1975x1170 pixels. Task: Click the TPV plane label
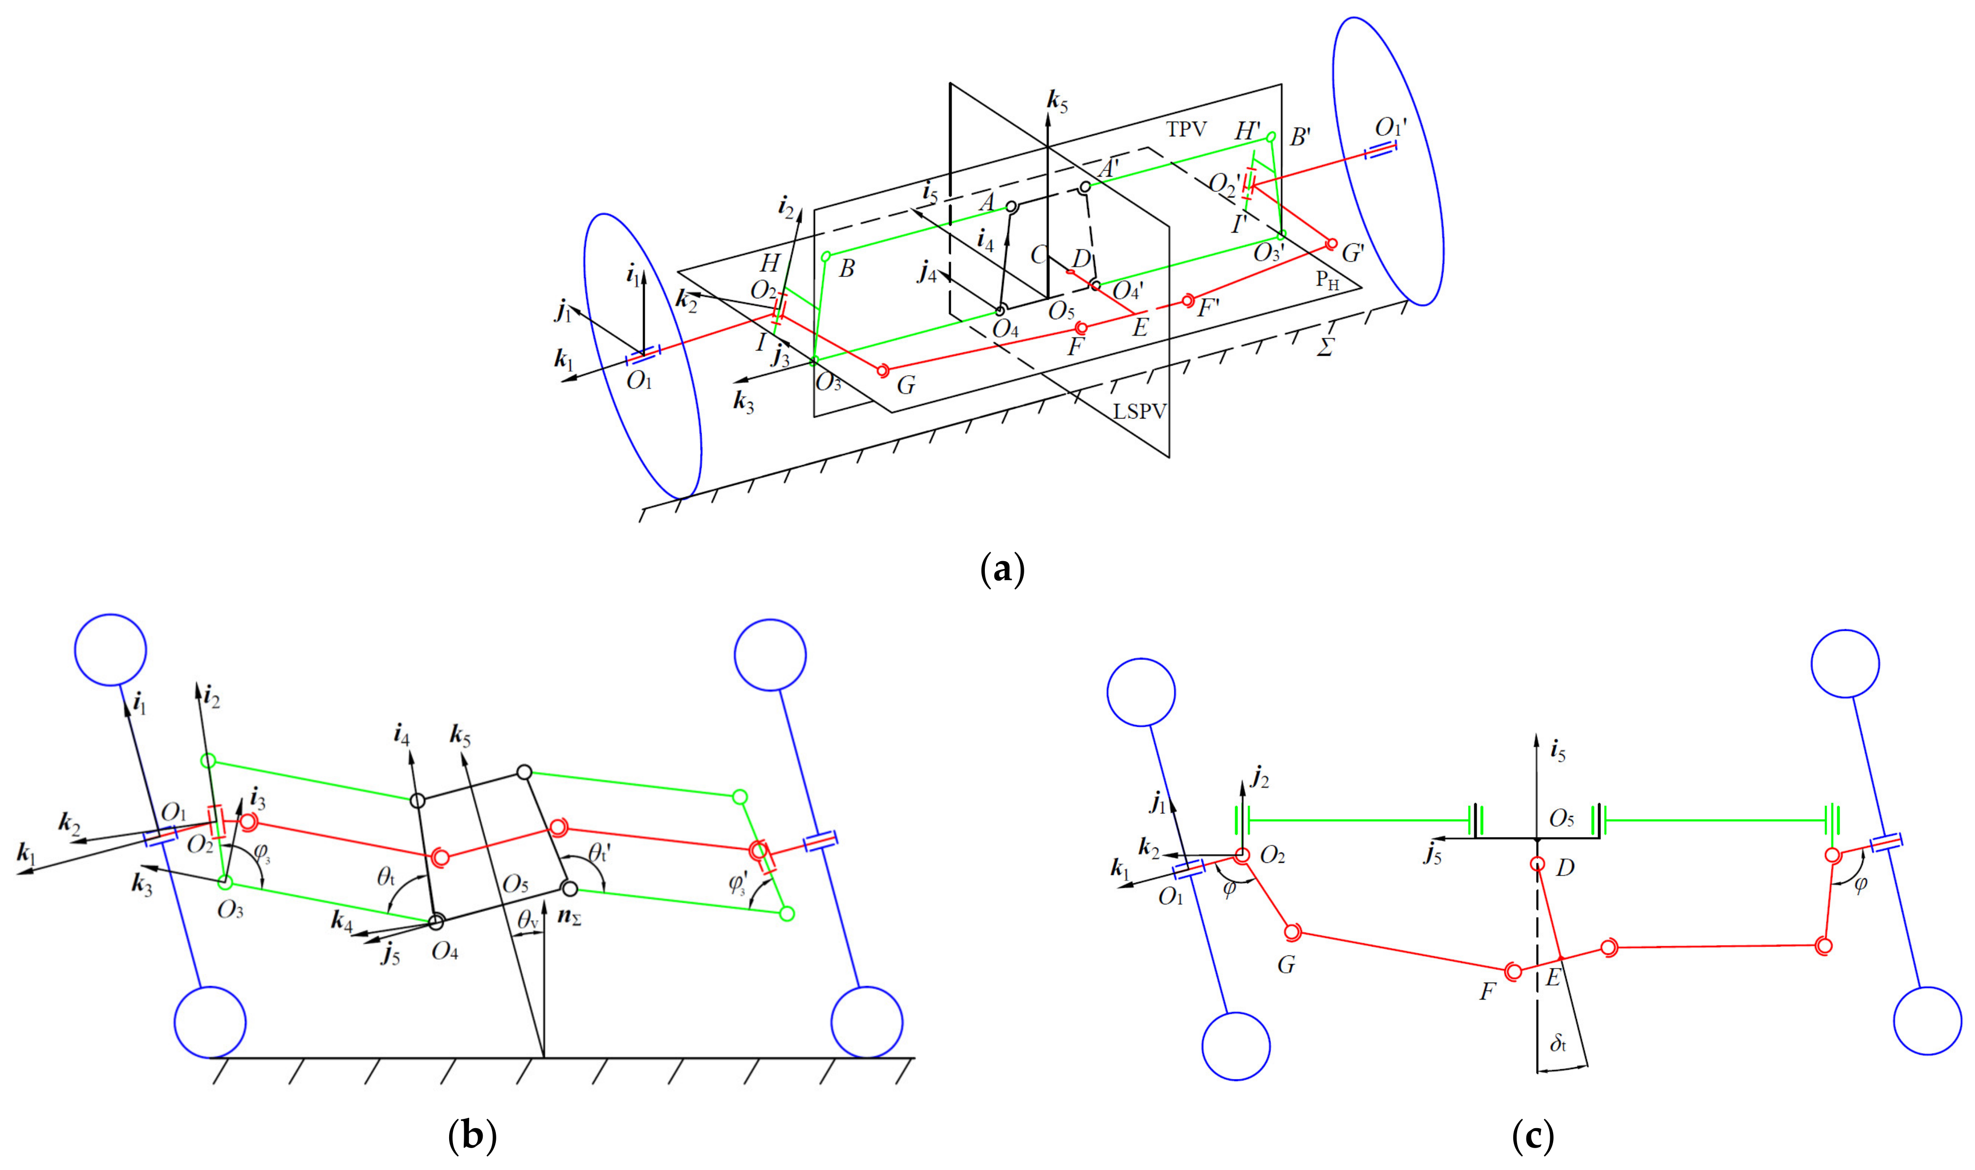(x=1186, y=130)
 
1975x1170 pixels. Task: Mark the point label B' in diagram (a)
(x=1300, y=138)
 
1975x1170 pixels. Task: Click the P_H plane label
(x=1327, y=281)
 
